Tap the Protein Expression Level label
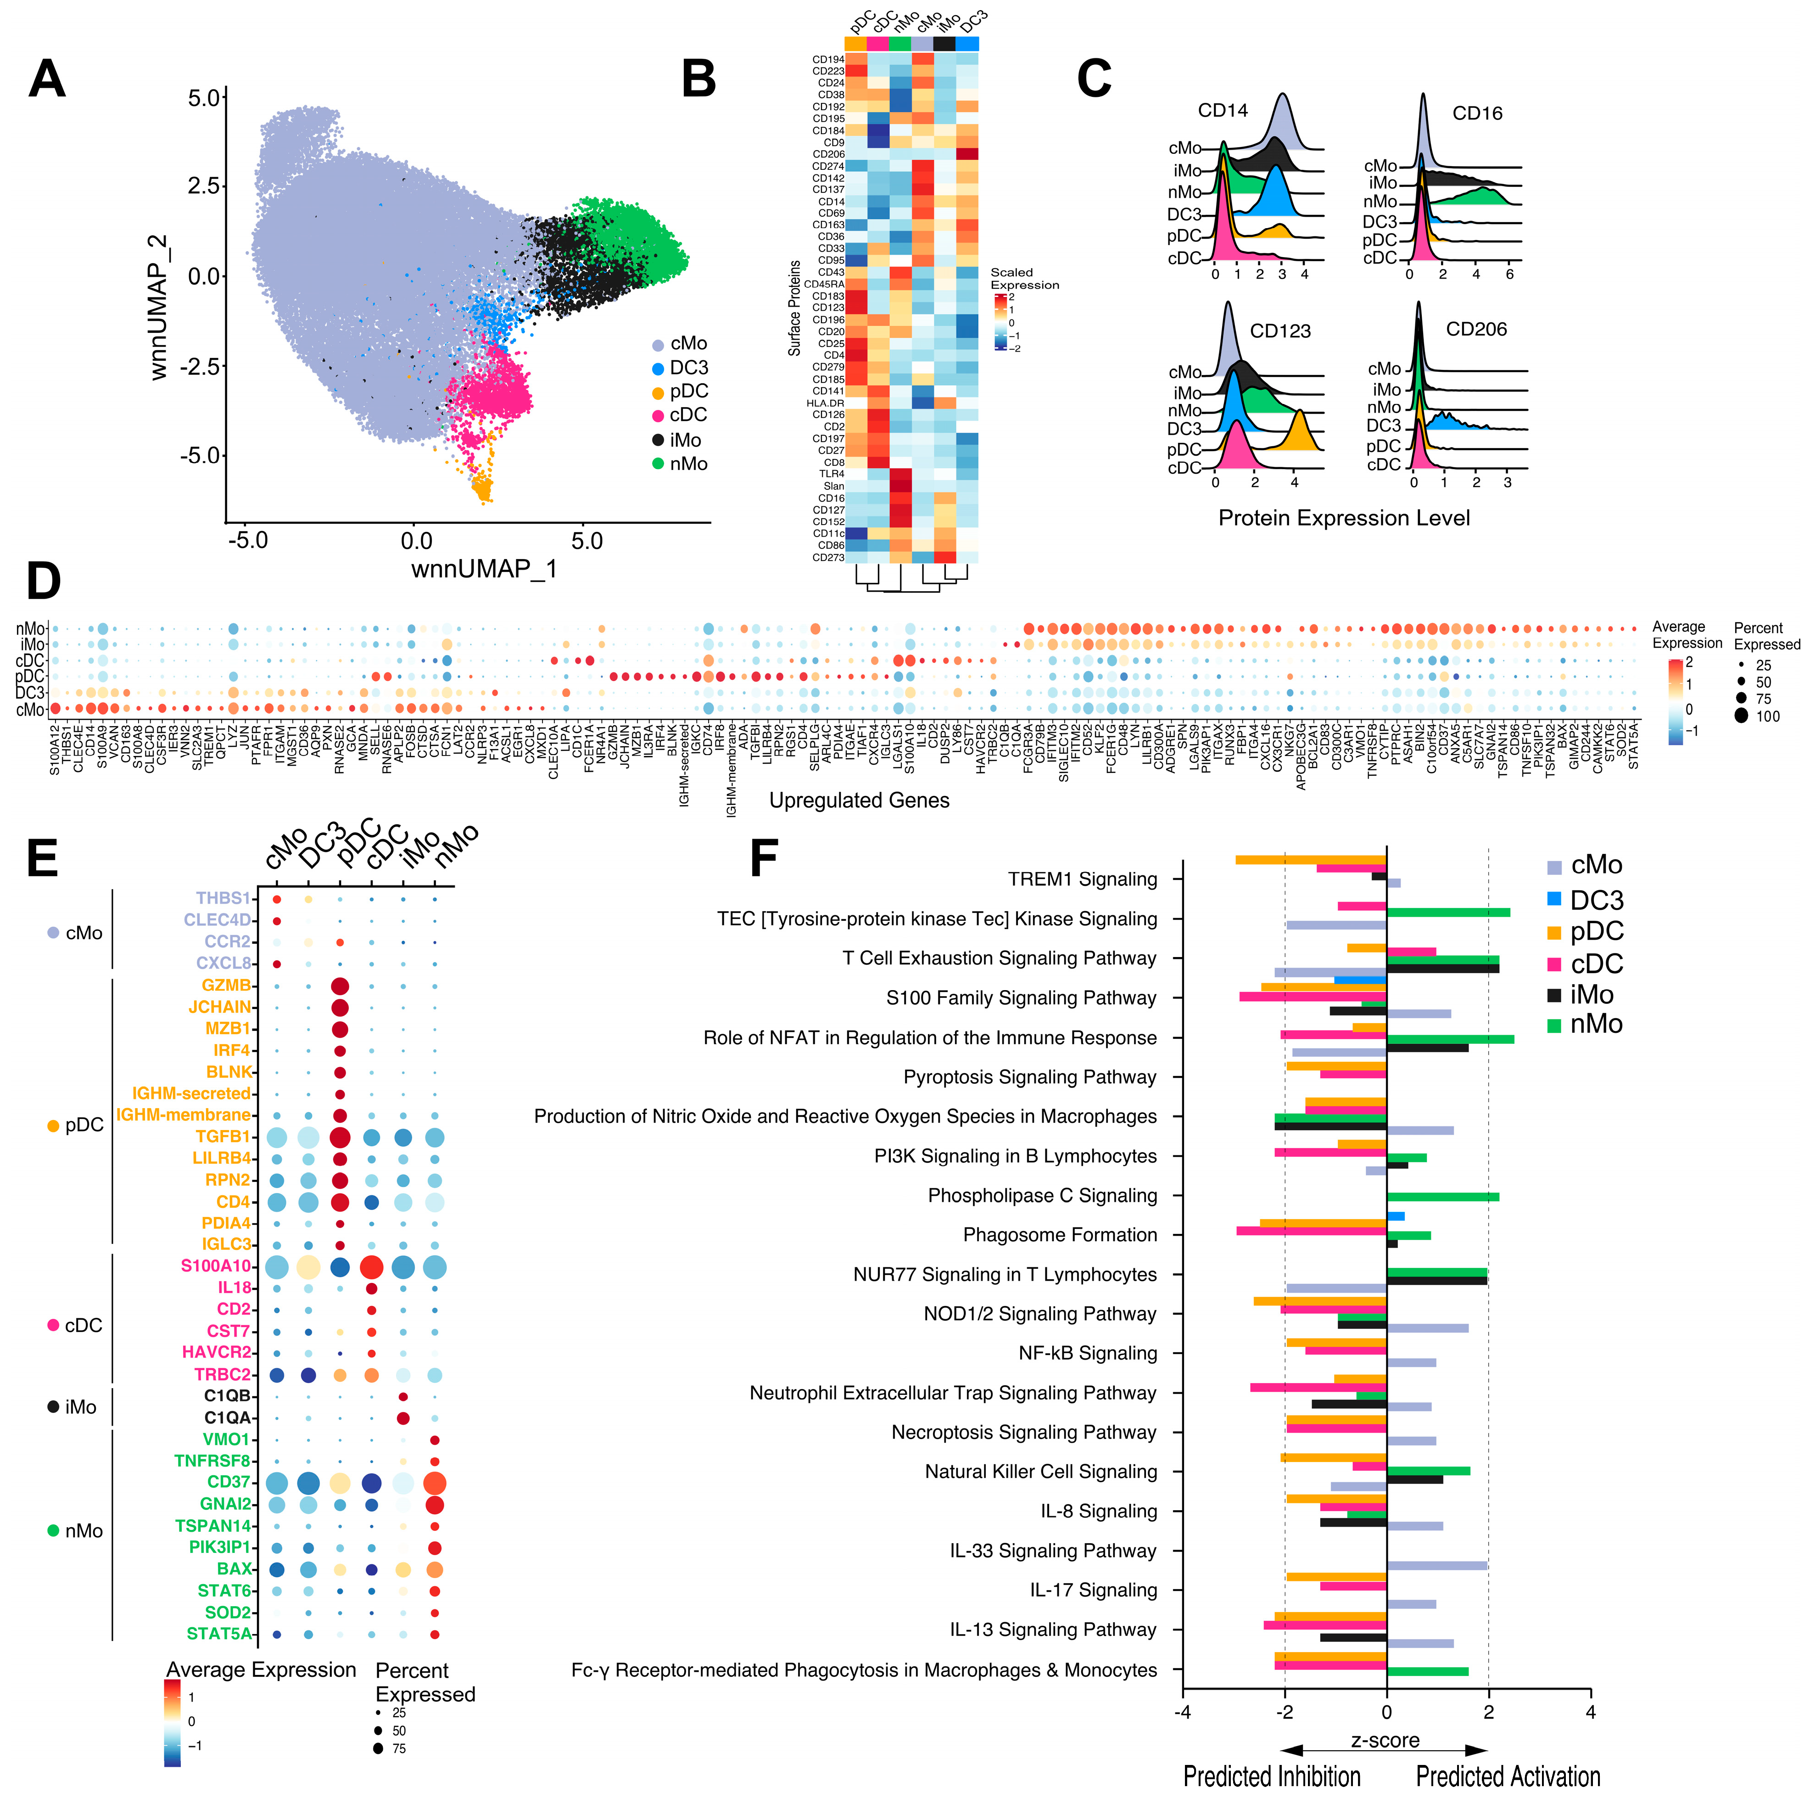click(1343, 518)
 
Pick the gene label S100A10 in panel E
click(216, 1266)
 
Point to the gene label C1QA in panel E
click(228, 1417)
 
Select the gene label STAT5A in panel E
click(219, 1633)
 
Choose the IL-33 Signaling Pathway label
click(1053, 1551)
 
